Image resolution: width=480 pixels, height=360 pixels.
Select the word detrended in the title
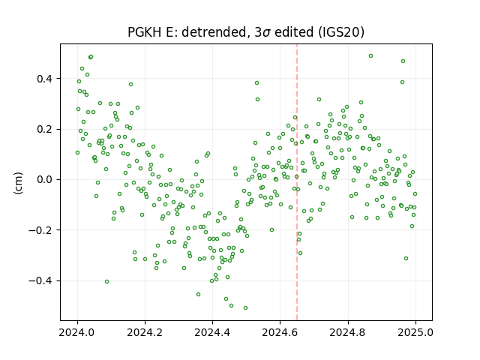pyautogui.click(x=214, y=32)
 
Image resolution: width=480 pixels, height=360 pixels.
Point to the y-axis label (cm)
pyautogui.click(x=18, y=183)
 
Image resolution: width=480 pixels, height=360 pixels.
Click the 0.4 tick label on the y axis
pyautogui.click(x=45, y=79)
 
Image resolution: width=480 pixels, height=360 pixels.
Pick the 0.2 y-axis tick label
pyautogui.click(x=45, y=130)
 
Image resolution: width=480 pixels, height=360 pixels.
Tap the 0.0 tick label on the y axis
pyautogui.click(x=45, y=180)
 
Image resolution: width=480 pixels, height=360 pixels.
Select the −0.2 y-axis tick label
pyautogui.click(x=41, y=230)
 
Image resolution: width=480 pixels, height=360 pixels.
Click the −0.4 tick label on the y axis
pyautogui.click(x=41, y=280)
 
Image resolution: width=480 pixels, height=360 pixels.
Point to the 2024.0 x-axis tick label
pyautogui.click(x=77, y=332)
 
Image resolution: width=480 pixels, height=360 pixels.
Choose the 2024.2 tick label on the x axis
pyautogui.click(x=145, y=332)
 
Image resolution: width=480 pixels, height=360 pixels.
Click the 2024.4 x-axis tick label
pyautogui.click(x=212, y=332)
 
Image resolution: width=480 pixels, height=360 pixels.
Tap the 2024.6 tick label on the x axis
pyautogui.click(x=280, y=332)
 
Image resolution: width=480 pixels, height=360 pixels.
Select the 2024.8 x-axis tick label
pyautogui.click(x=347, y=332)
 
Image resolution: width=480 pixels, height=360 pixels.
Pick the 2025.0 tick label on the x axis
pyautogui.click(x=415, y=332)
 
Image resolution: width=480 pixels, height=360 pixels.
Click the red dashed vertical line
pyautogui.click(x=297, y=182)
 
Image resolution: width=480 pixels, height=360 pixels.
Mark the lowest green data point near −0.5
pyautogui.click(x=245, y=308)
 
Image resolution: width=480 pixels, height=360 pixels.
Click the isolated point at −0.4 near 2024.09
pyautogui.click(x=106, y=282)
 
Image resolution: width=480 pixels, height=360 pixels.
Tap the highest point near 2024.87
pyautogui.click(x=370, y=56)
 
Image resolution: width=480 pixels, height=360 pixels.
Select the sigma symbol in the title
pyautogui.click(x=267, y=33)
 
